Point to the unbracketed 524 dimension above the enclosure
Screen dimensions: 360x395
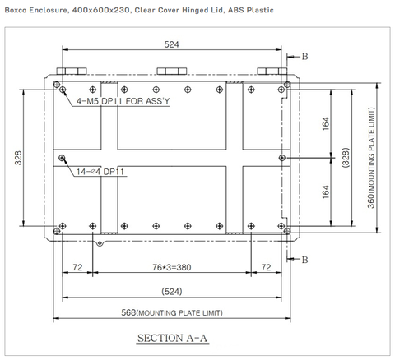click(x=171, y=45)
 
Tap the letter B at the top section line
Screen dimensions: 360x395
click(x=305, y=56)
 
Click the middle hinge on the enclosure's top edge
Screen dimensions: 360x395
click(x=170, y=72)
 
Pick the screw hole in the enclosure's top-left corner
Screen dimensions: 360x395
click(x=56, y=85)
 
